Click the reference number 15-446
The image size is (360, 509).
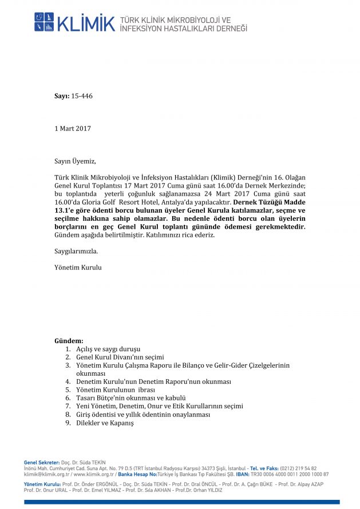coord(82,96)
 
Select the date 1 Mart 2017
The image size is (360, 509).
coord(72,129)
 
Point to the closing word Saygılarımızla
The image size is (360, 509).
coord(76,250)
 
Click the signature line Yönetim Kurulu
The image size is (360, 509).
coord(78,267)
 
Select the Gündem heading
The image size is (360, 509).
coord(69,340)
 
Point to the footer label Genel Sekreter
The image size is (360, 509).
coord(42,462)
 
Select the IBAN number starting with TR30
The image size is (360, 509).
coord(298,474)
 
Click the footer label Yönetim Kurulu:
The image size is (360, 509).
coord(42,484)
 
